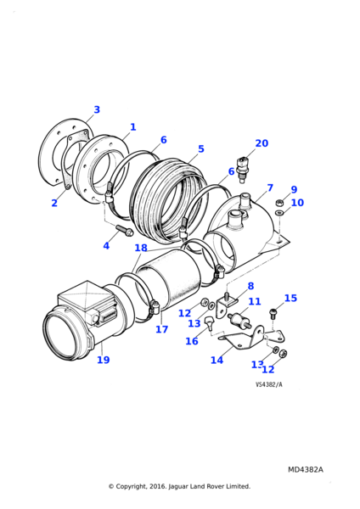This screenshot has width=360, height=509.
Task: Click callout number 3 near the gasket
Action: pos(97,109)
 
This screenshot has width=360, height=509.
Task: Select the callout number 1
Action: pos(132,127)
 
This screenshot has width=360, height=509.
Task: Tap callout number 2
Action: pos(54,203)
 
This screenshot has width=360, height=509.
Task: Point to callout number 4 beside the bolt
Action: pos(106,245)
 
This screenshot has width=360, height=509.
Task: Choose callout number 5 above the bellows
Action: pos(201,149)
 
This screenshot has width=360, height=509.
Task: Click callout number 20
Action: pos(262,143)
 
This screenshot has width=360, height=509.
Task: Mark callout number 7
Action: pos(270,187)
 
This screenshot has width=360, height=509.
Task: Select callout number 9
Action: pos(294,190)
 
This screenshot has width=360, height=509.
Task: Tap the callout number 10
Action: pos(297,203)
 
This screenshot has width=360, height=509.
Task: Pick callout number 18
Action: pos(141,248)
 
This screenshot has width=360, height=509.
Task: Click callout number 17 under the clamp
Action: pos(161,329)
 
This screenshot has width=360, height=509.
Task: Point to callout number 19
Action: pos(103,360)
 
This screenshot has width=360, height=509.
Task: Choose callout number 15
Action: pos(290,298)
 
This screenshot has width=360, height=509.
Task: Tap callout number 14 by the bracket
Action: pos(217,360)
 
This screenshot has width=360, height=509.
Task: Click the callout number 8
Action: pos(250,286)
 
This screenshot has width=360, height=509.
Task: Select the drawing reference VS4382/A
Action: pos(269,384)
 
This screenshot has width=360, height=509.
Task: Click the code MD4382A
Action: pos(305,469)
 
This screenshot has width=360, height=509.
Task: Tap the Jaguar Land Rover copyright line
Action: pos(179,486)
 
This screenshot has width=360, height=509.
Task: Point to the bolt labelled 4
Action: pos(124,230)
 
